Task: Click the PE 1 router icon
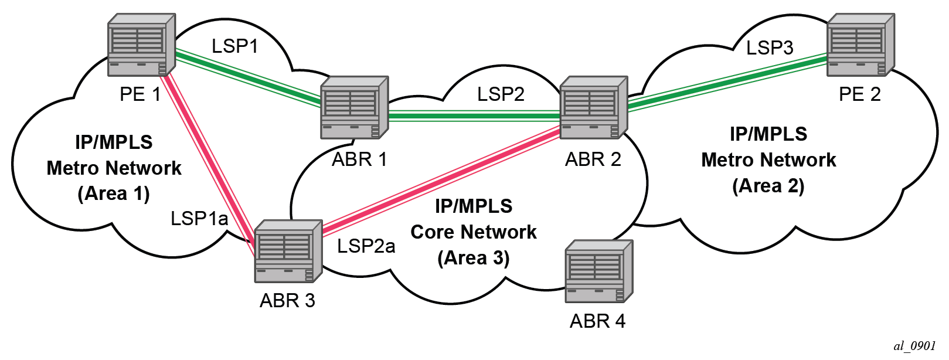(x=141, y=46)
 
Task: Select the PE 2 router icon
(x=860, y=45)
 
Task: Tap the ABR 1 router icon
(x=354, y=107)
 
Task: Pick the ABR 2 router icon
(x=593, y=107)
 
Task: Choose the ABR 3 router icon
(x=288, y=251)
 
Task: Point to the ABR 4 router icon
(x=598, y=271)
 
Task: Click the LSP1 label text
(x=234, y=46)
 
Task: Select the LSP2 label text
(x=500, y=94)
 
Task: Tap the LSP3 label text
(x=769, y=47)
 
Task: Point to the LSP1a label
(x=199, y=219)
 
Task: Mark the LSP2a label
(x=366, y=246)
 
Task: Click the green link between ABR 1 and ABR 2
(x=474, y=116)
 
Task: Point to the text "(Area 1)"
(x=114, y=193)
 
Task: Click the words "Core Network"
(x=474, y=232)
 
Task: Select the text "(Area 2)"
(x=768, y=186)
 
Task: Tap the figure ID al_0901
(x=914, y=346)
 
